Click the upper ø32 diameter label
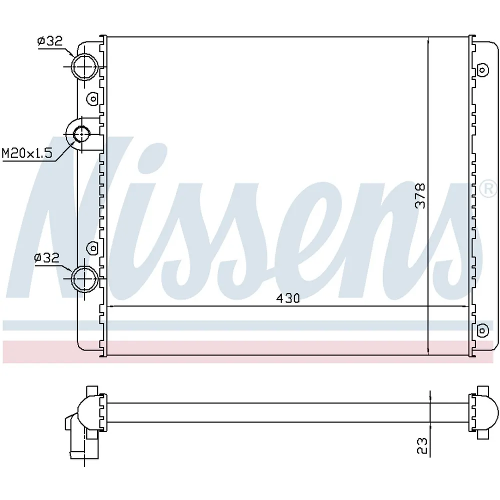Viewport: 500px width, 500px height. pos(50,41)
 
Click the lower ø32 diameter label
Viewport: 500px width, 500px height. pos(46,257)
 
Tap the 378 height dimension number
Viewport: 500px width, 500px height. pos(420,195)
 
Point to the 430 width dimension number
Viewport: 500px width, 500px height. pos(288,298)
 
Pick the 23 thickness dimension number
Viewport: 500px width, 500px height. pos(421,445)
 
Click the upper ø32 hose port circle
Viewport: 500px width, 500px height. pos(72,66)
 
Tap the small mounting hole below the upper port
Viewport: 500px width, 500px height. pos(93,99)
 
